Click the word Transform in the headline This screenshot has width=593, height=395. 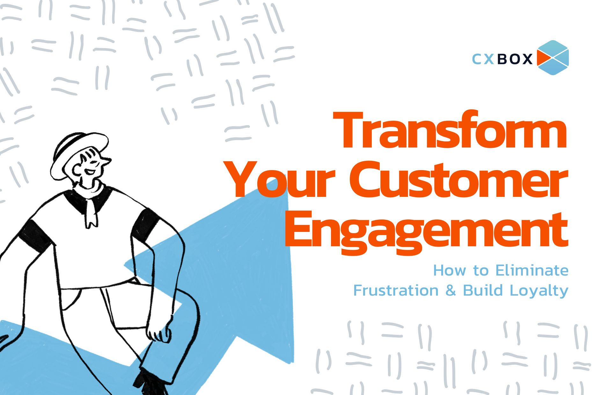coord(450,130)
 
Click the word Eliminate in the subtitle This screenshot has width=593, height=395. coord(532,270)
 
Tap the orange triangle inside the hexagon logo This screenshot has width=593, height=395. coord(544,58)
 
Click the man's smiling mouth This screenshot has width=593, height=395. coord(90,172)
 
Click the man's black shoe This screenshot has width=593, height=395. coord(150,384)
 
